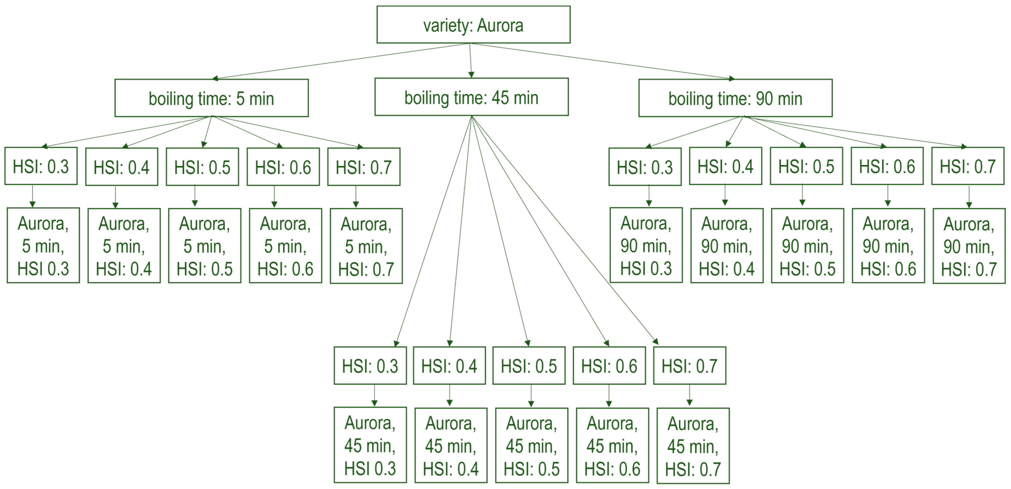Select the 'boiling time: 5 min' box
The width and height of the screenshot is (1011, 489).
(212, 98)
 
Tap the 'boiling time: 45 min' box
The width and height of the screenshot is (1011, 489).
(471, 97)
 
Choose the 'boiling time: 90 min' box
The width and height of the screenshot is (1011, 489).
(735, 98)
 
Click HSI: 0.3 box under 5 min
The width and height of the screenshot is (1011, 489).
(41, 166)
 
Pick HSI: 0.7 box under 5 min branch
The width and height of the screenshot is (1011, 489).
(364, 167)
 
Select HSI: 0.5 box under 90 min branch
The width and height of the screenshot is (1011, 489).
(806, 166)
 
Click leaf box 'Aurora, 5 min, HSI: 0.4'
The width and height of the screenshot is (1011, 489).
(124, 246)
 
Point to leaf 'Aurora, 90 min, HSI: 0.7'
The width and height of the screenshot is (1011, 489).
(969, 246)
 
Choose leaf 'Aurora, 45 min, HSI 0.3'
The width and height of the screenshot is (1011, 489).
(370, 445)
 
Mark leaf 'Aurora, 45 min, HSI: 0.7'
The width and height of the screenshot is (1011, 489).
(693, 446)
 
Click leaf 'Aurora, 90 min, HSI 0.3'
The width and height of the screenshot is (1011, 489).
(646, 245)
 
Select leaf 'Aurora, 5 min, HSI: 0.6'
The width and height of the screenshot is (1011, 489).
(285, 246)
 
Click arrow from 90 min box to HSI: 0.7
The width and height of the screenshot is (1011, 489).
(856, 132)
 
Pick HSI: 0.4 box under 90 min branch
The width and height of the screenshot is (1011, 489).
(725, 166)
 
